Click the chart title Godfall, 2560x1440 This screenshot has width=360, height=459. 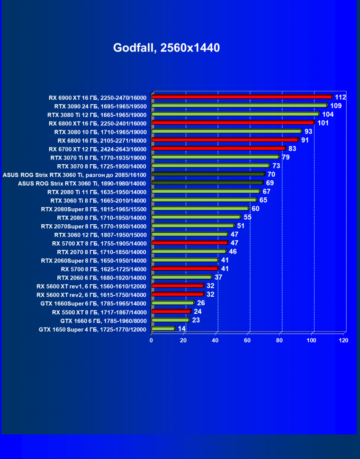(x=166, y=48)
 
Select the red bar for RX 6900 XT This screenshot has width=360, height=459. (x=242, y=97)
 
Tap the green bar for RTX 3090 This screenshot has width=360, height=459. (x=239, y=106)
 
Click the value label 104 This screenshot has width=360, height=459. (x=328, y=115)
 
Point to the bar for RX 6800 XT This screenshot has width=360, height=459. (x=233, y=123)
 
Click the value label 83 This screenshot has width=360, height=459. (x=292, y=149)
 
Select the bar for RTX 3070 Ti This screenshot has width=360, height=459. (x=215, y=157)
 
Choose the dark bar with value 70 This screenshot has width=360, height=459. (x=208, y=175)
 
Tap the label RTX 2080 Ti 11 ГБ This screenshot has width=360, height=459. (x=97, y=192)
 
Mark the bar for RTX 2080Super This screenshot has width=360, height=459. (x=200, y=209)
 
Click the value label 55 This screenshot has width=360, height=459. (x=247, y=217)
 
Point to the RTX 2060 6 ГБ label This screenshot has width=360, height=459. (x=101, y=278)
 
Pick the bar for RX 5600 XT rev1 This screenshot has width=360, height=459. (x=178, y=286)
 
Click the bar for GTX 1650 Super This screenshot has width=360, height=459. (x=163, y=329)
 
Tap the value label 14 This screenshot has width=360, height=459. (x=182, y=329)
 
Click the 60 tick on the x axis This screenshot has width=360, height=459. (x=248, y=340)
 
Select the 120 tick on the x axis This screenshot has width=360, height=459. (x=343, y=340)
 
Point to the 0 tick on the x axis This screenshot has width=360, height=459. (x=152, y=340)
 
